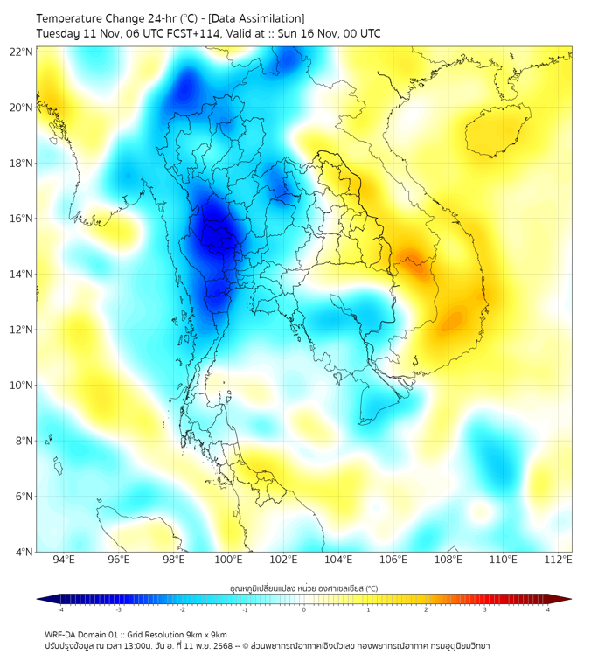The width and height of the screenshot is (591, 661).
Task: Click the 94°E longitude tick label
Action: click(64, 560)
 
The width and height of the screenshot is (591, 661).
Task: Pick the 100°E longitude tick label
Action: click(228, 560)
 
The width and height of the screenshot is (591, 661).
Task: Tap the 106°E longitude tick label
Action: click(393, 560)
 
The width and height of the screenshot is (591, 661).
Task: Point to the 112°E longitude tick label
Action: click(557, 560)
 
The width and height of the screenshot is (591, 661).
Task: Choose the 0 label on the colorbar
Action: click(304, 609)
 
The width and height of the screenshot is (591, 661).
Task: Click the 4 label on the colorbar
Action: click(548, 609)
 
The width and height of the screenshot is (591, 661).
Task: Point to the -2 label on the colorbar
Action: click(182, 609)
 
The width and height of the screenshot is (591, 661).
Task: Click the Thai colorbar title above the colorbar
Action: click(303, 588)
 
